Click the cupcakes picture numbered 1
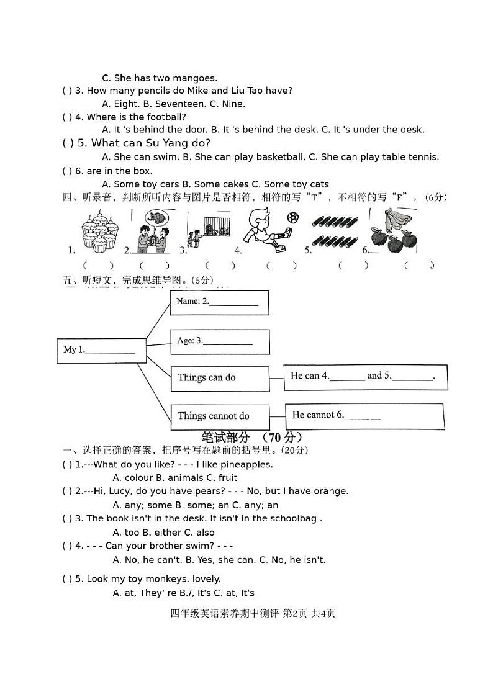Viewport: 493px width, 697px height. click(x=99, y=234)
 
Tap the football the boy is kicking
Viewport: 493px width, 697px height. click(x=293, y=218)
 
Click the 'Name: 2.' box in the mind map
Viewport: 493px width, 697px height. click(x=219, y=303)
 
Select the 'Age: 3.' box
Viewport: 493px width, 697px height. click(x=220, y=341)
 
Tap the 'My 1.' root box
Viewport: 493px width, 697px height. click(x=101, y=350)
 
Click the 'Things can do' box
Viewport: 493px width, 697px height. click(x=220, y=378)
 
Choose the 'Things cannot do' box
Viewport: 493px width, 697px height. click(x=220, y=416)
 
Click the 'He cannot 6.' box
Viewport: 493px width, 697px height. click(x=364, y=416)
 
